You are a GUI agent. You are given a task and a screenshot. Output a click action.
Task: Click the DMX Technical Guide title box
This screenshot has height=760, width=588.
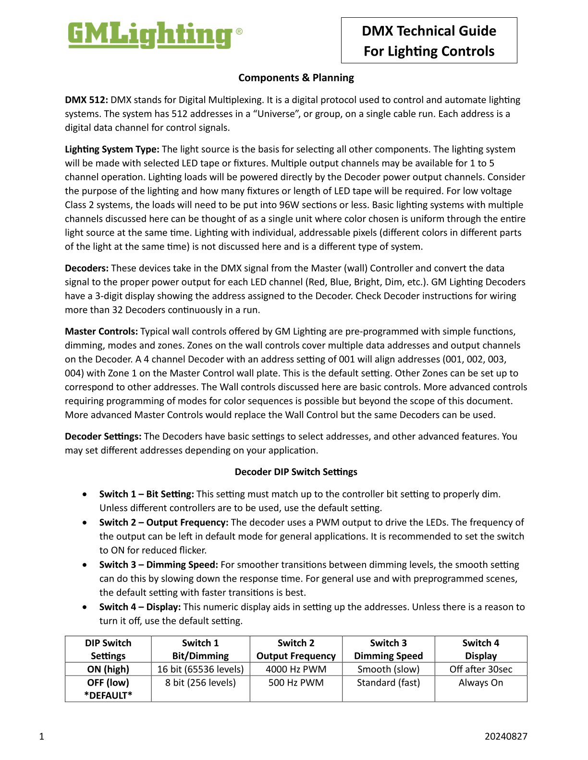pyautogui.click(x=429, y=41)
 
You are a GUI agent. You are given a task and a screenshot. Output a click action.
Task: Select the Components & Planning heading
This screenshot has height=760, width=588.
pyautogui.click(x=296, y=78)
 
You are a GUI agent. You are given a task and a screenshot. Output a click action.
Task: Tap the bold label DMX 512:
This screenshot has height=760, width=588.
pyautogui.click(x=86, y=100)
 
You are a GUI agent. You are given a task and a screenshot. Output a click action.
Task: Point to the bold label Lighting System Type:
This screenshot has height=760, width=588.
pyautogui.click(x=112, y=149)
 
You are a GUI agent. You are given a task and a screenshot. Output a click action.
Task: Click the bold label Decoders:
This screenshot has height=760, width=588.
pyautogui.click(x=86, y=268)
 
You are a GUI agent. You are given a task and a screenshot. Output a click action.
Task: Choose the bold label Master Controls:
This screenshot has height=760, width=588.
pyautogui.click(x=101, y=332)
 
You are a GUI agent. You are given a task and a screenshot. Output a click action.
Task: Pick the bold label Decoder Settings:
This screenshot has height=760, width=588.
pyautogui.click(x=103, y=437)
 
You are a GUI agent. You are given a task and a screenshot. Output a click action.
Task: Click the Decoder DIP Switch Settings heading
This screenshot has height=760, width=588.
pyautogui.click(x=296, y=472)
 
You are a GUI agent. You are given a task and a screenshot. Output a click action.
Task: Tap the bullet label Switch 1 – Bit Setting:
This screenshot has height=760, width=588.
pyautogui.click(x=147, y=494)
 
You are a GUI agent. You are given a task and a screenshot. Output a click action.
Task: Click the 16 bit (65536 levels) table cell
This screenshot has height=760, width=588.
pyautogui.click(x=200, y=669)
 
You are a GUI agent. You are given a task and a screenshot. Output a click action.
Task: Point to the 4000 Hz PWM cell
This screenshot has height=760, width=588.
pyautogui.click(x=296, y=669)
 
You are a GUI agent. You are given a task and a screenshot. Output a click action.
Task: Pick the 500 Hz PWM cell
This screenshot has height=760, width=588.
pyautogui.click(x=296, y=683)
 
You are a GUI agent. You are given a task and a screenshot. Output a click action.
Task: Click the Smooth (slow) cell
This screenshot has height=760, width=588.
pyautogui.click(x=388, y=669)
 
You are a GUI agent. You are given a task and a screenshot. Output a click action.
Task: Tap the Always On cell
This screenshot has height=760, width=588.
pyautogui.click(x=481, y=683)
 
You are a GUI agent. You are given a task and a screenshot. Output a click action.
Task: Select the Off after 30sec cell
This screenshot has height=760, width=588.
pyautogui.click(x=481, y=669)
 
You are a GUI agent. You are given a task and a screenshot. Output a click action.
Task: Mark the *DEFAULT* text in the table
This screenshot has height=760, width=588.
pyautogui.click(x=108, y=695)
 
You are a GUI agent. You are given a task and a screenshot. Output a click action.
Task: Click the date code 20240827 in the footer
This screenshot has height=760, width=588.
pyautogui.click(x=506, y=736)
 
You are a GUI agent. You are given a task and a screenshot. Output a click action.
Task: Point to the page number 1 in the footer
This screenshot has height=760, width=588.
pyautogui.click(x=41, y=736)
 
